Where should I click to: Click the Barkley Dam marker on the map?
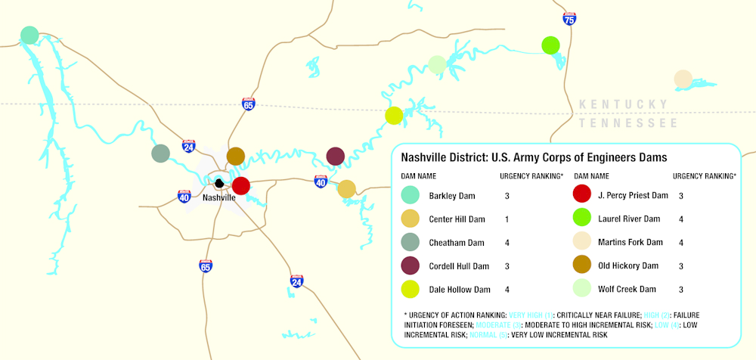(29, 35)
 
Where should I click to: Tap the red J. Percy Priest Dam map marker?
(241, 185)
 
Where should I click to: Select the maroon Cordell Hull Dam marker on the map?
(336, 157)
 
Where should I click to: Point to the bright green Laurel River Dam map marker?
(550, 45)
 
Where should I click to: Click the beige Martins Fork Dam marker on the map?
(683, 79)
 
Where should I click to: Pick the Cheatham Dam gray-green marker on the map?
(160, 154)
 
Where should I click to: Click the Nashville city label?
(219, 197)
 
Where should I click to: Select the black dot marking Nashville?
(219, 183)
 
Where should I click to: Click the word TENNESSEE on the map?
(627, 123)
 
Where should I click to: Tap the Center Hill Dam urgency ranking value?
(507, 219)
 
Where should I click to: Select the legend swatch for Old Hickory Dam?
(583, 266)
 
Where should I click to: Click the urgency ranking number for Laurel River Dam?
(681, 219)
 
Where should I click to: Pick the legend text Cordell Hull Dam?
(460, 266)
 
